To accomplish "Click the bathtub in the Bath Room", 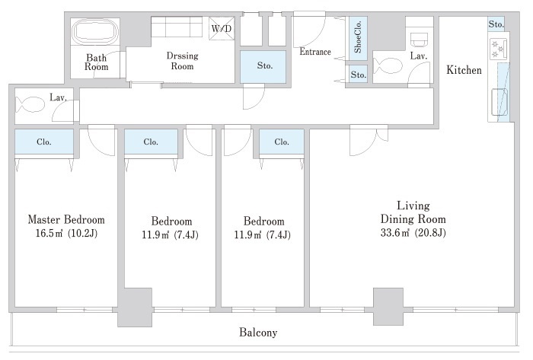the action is [95, 32].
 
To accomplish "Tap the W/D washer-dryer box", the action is [222, 28].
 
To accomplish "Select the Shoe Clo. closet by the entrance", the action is [359, 39].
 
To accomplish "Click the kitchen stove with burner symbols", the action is [498, 48].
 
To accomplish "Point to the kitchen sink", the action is [499, 101].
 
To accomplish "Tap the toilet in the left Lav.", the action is [30, 104].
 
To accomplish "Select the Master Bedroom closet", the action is [44, 142].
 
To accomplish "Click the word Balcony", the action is [258, 332].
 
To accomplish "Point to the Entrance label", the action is [315, 52].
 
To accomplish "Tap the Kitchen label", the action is [464, 70].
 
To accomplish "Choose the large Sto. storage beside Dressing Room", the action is [263, 66].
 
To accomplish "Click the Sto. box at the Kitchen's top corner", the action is [496, 24].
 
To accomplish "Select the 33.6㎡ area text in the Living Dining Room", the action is [413, 233].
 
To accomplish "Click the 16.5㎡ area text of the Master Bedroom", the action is [66, 234].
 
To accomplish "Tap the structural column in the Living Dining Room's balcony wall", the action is [388, 307].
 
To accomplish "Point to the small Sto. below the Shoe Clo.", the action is [359, 75].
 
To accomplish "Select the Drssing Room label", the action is [182, 61].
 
